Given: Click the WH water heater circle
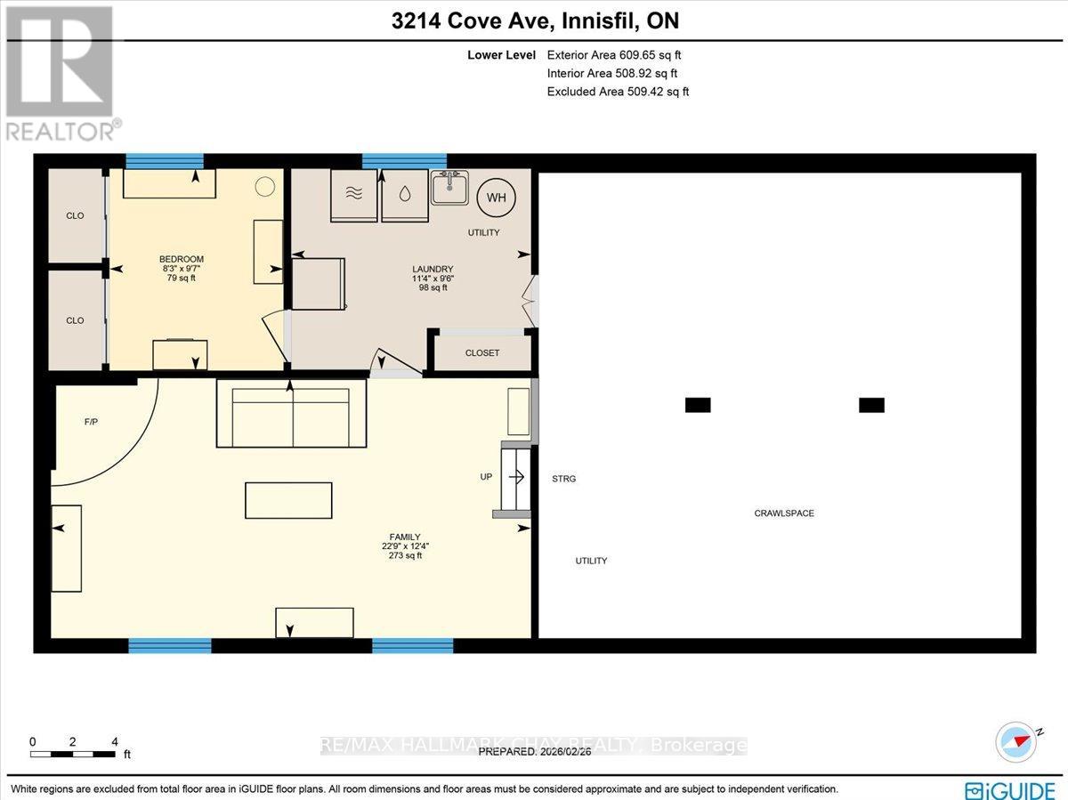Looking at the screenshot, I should point(496,198).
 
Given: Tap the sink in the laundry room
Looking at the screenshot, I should point(450,188).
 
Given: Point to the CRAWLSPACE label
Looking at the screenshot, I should point(784,513).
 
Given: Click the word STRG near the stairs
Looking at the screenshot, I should point(563,479).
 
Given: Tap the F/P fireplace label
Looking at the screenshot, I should point(91,422).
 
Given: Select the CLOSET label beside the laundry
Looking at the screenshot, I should point(482,353).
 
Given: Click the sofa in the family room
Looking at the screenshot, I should point(291,414).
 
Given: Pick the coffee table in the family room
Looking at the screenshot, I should point(288,500).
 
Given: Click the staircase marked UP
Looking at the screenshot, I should point(515,479).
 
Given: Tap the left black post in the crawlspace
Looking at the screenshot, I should point(698,405).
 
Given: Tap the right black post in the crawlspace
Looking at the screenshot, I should point(871,405).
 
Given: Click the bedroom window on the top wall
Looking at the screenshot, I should point(164,161).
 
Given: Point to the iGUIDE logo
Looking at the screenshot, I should point(1010,789).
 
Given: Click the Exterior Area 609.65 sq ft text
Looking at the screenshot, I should point(613,54).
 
